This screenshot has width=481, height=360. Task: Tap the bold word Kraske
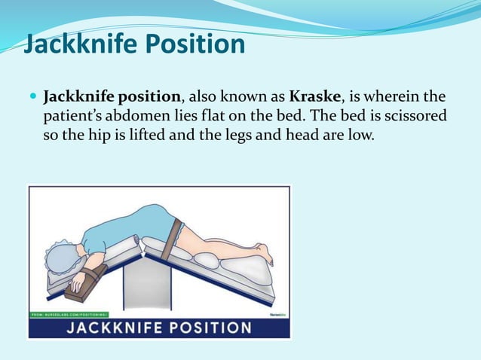[x=314, y=98]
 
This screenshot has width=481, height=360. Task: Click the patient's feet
[x=263, y=252]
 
